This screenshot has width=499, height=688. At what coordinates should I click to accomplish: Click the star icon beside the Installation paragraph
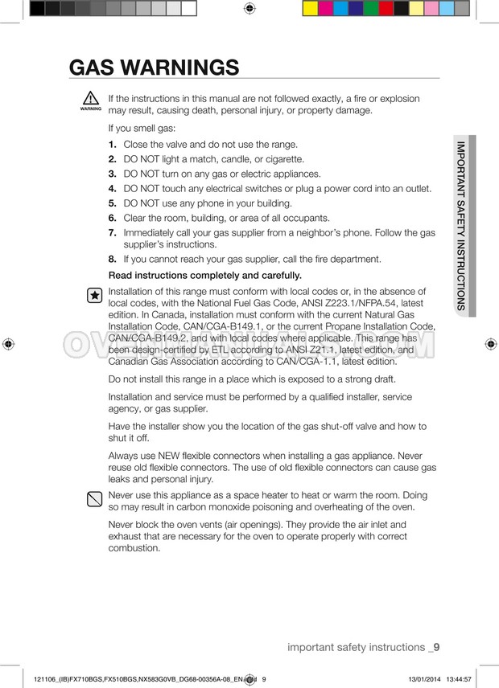point(94,296)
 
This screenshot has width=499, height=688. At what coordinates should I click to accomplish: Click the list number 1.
point(113,145)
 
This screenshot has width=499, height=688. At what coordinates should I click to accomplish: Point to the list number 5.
point(113,203)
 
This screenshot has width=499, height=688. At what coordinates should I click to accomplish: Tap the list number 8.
point(113,260)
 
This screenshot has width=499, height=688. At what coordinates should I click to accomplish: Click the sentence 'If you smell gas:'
point(142,128)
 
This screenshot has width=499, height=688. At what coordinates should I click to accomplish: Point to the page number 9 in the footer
point(435,647)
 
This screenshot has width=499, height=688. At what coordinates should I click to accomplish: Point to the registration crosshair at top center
point(249,9)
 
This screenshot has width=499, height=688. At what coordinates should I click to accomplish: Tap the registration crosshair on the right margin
point(490,343)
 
